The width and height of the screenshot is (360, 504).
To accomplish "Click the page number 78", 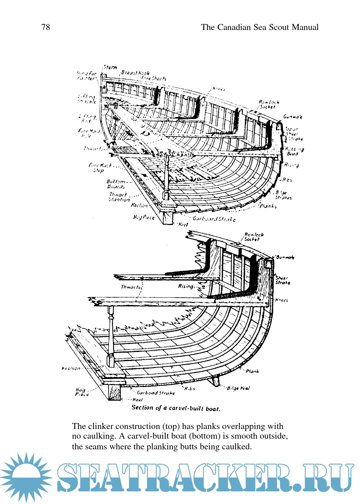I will pos(46,27).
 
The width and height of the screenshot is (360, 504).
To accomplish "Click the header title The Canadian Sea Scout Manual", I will pos(260,27).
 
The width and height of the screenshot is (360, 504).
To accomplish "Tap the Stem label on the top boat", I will pos(110,67).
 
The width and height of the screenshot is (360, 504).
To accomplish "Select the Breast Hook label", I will pos(135,73).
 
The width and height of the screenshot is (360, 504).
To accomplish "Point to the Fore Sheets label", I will pos(154,79).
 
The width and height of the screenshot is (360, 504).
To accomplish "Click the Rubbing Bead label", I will pos(294,151).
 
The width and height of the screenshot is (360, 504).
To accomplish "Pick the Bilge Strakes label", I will pos(283,195).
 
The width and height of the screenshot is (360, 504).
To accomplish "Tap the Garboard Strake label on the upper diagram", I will pos(214,219).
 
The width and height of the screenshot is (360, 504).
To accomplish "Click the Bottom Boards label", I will pos(116,184).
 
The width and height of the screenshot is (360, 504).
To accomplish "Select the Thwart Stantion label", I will pos(119,197).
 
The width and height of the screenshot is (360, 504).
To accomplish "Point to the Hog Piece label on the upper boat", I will pos(144,217).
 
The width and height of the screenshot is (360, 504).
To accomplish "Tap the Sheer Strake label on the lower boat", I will pos(282,280).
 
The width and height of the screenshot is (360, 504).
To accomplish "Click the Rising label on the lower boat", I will pos(185,286).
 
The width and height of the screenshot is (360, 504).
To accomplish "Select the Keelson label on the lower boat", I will pos(71,368).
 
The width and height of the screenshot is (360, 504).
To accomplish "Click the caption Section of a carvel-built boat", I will pos(176,408).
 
